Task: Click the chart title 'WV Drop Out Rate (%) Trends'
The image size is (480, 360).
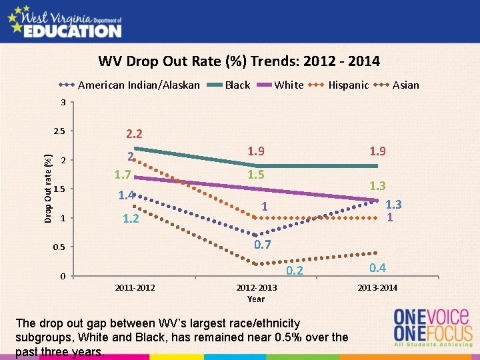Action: click(x=239, y=61)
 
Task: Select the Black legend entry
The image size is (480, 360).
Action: click(x=237, y=85)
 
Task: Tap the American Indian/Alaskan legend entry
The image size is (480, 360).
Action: click(x=139, y=85)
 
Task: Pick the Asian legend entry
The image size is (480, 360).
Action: click(x=405, y=85)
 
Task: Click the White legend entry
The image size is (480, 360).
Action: click(x=289, y=85)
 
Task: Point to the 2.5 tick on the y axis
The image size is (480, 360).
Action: click(x=60, y=130)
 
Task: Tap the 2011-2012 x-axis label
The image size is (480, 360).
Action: click(x=135, y=287)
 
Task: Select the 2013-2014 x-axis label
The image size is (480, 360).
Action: click(x=377, y=287)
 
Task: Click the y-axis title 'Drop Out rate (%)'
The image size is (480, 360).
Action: click(x=48, y=188)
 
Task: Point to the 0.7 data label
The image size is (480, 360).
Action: click(x=263, y=245)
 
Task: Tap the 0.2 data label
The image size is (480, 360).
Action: click(x=294, y=271)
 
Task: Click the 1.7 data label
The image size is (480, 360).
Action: click(x=121, y=176)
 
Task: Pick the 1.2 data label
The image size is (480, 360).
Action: click(x=131, y=219)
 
